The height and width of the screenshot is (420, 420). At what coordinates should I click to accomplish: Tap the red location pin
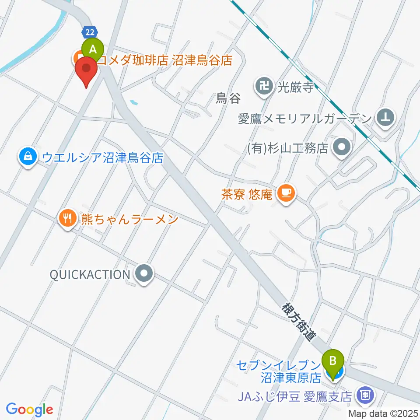coord(86,70)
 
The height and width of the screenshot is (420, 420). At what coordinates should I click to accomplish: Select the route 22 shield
coord(89,32)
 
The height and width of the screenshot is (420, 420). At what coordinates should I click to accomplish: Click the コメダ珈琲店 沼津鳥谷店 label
coord(164,60)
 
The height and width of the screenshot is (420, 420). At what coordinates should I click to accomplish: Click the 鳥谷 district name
coord(228,99)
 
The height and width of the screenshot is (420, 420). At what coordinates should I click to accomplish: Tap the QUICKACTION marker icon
coord(144,275)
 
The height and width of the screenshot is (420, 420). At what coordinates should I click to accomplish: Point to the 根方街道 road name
coord(299,321)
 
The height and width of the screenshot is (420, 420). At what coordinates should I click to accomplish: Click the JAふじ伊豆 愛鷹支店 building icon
coord(364,396)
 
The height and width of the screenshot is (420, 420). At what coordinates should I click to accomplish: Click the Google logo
coord(29,409)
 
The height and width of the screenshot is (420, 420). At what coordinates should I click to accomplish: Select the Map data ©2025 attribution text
coord(383,413)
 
